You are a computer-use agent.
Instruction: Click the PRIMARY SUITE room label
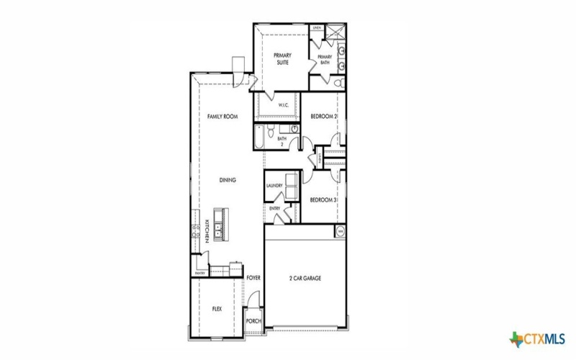[281, 59]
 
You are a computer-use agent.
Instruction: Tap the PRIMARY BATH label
[325, 59]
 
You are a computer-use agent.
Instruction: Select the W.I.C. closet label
[284, 106]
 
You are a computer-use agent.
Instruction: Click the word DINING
[228, 180]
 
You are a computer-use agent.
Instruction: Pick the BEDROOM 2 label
[324, 117]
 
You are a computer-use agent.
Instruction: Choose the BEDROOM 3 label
[324, 199]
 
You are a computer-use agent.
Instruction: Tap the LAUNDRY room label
[274, 185]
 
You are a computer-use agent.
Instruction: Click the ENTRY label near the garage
[274, 209]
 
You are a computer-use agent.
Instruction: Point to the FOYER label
[253, 277]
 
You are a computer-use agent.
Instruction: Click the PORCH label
[253, 321]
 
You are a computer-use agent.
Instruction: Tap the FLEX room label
[217, 308]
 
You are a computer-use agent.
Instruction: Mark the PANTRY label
[200, 274]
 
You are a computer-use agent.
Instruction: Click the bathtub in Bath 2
[258, 137]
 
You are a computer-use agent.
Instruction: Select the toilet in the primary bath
[338, 84]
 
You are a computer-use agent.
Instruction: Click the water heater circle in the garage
[340, 231]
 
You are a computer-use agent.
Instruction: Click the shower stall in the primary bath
[334, 32]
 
